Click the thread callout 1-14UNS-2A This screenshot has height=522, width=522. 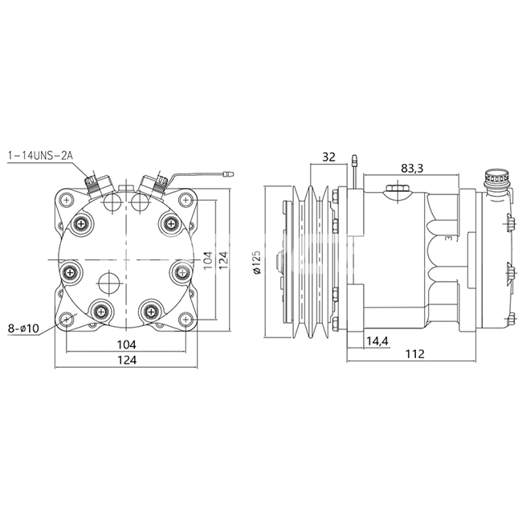[x=40, y=156]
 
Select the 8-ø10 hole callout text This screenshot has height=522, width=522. [x=23, y=329]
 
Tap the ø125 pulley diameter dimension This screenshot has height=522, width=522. [x=257, y=262]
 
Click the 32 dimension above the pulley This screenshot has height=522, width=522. [x=328, y=157]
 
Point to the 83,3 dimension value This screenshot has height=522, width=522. [x=412, y=169]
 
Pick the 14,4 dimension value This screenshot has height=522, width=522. [x=377, y=341]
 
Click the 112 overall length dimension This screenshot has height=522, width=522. [x=415, y=353]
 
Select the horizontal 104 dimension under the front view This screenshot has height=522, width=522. [x=127, y=345]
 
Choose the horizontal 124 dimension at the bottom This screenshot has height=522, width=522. [x=127, y=360]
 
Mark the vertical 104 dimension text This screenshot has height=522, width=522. [x=208, y=260]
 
